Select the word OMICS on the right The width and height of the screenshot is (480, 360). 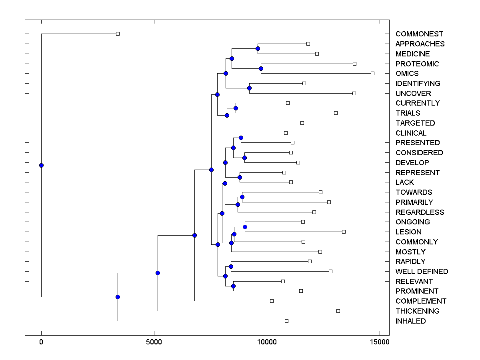pyautogui.click(x=407, y=74)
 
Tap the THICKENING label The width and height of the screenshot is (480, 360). pyautogui.click(x=417, y=311)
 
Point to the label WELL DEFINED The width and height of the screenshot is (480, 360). pyautogui.click(x=422, y=272)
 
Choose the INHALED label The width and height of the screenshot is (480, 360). pyautogui.click(x=410, y=321)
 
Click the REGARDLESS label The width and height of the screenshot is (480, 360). pyautogui.click(x=420, y=212)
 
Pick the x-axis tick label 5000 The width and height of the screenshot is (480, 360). pyautogui.click(x=154, y=342)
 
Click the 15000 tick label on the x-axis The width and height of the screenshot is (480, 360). pyautogui.click(x=379, y=342)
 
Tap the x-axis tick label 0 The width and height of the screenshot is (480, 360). pyautogui.click(x=41, y=342)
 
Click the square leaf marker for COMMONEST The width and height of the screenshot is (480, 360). pyautogui.click(x=118, y=34)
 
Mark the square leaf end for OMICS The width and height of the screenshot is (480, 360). pyautogui.click(x=372, y=73)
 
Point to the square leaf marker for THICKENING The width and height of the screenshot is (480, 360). pyautogui.click(x=338, y=311)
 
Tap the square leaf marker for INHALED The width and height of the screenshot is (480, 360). pyautogui.click(x=286, y=321)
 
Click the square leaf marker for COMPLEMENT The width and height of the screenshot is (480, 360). pyautogui.click(x=272, y=301)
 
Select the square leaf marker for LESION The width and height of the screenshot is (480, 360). pyautogui.click(x=344, y=232)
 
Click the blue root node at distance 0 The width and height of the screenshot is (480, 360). pyautogui.click(x=41, y=165)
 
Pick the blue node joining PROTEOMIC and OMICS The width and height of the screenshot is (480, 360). pyautogui.click(x=261, y=68)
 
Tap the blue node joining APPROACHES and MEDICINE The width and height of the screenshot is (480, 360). pyautogui.click(x=258, y=48)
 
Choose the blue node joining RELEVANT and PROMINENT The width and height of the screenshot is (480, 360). pyautogui.click(x=233, y=286)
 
